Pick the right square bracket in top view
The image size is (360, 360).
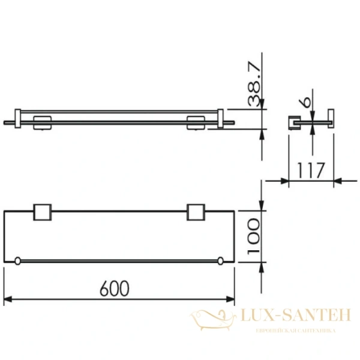[x=196, y=213]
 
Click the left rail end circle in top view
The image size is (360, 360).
[x=18, y=260]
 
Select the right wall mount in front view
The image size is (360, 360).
[x=196, y=122]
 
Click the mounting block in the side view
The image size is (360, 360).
[x=294, y=122]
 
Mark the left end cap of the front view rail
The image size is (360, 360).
[x=18, y=119]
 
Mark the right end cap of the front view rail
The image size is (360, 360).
[x=221, y=119]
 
